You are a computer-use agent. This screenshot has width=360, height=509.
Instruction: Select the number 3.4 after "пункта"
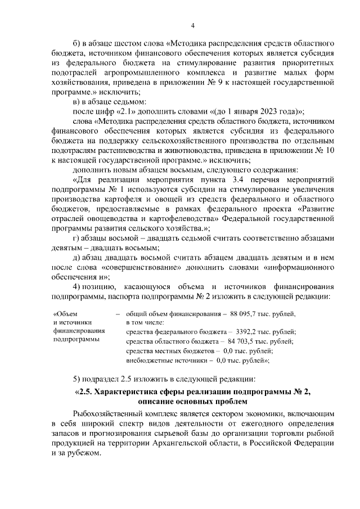point(229,179)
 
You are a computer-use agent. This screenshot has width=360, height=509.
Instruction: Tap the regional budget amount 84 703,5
point(245,341)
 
